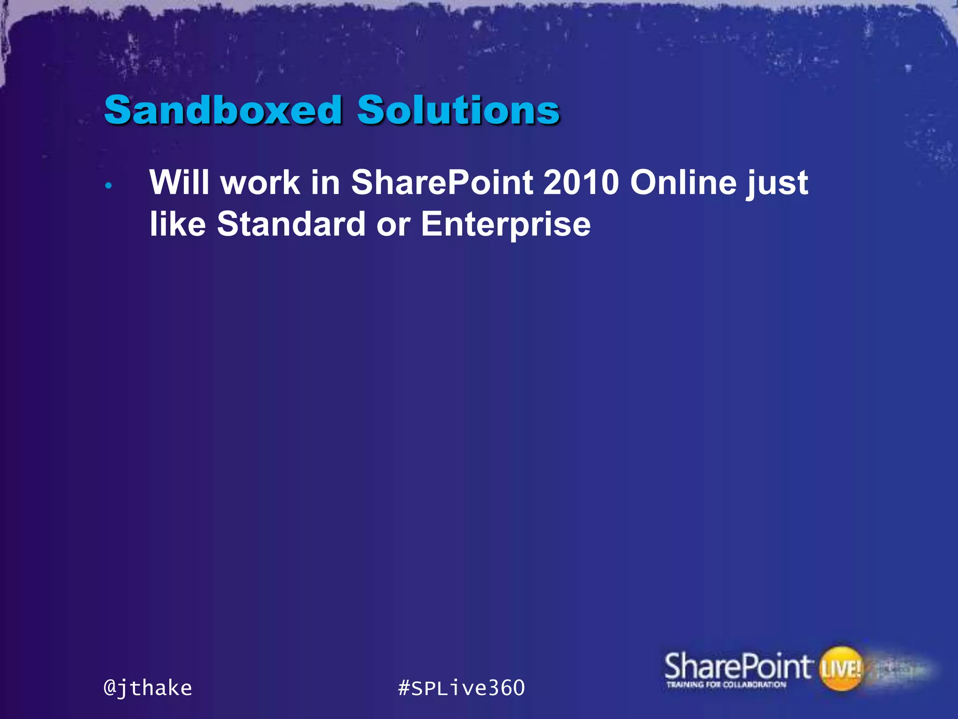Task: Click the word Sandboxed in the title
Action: (223, 110)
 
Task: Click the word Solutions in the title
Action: (458, 110)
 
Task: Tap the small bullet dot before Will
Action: (109, 186)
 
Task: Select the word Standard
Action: (291, 224)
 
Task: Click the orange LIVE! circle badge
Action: (841, 668)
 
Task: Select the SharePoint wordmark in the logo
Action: (737, 666)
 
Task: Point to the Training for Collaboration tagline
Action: (726, 685)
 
